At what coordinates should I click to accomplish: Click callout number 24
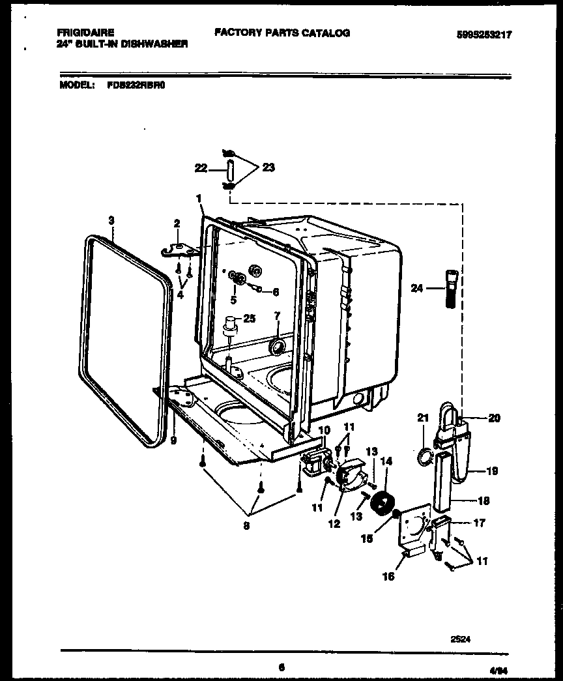pos(418,287)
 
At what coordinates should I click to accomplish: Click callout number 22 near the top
pos(200,169)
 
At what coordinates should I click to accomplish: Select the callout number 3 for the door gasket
pos(111,222)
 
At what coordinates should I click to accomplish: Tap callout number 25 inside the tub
pos(250,318)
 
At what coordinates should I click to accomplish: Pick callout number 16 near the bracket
pos(389,577)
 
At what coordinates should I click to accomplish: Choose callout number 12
pos(334,523)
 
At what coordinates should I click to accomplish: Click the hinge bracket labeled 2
pos(179,249)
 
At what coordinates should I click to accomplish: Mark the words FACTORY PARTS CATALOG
pos(282,32)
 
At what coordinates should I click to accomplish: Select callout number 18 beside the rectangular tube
pos(483,501)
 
